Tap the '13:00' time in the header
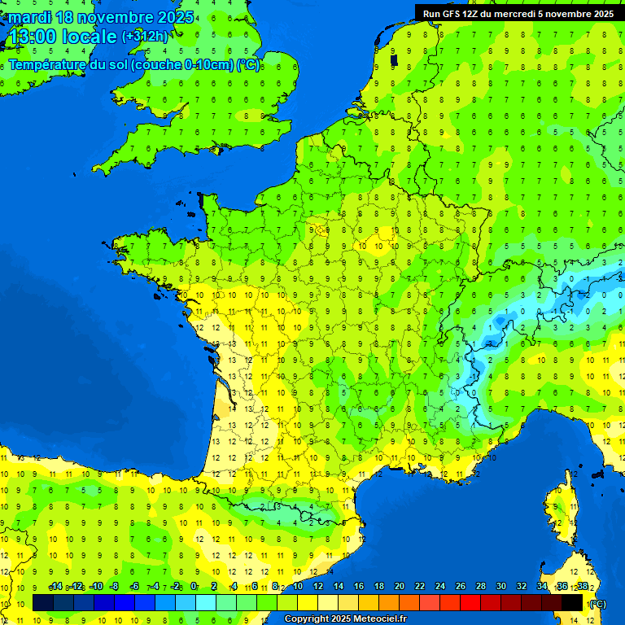(32, 37)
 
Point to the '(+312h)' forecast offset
(145, 37)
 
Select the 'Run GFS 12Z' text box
(518, 13)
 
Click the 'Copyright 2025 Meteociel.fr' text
(345, 619)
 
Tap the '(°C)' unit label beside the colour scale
(597, 604)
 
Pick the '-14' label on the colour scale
(55, 587)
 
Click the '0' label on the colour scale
(194, 587)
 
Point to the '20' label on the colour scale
(399, 587)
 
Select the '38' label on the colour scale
(582, 587)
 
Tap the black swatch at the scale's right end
(572, 603)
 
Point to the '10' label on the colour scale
(297, 587)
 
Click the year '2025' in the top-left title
(175, 17)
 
